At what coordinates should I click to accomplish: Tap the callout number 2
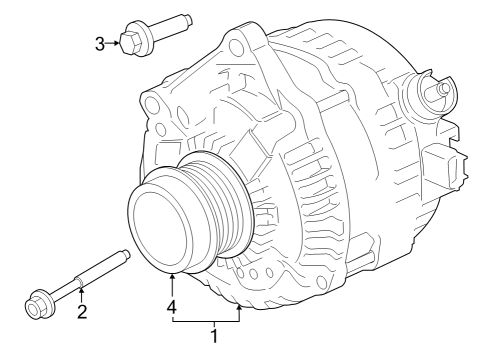83,311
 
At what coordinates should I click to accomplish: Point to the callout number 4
173,309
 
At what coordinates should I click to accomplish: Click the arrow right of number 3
112,42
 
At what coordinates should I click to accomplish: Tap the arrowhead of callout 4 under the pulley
173,276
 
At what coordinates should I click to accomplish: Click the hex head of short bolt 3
127,42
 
